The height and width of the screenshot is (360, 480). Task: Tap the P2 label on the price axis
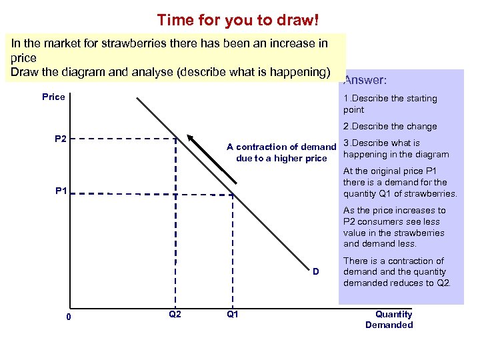61,139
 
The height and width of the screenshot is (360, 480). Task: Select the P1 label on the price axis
61,191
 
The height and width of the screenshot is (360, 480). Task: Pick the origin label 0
69,317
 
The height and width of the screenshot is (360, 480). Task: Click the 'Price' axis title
53,97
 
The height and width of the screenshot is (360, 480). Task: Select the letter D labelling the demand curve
317,271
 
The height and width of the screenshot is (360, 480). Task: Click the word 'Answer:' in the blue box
365,80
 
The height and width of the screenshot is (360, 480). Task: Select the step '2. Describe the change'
390,126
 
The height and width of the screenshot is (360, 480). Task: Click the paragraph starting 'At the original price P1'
399,183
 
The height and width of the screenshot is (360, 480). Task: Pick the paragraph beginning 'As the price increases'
395,227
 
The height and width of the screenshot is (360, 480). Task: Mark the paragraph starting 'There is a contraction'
397,272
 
